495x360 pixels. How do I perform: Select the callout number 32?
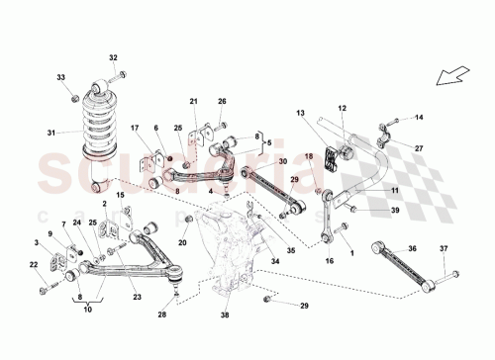113,57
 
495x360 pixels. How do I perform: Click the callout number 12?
343,108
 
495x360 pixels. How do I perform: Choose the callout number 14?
418,118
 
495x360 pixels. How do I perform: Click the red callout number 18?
307,156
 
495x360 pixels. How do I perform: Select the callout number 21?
194,102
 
